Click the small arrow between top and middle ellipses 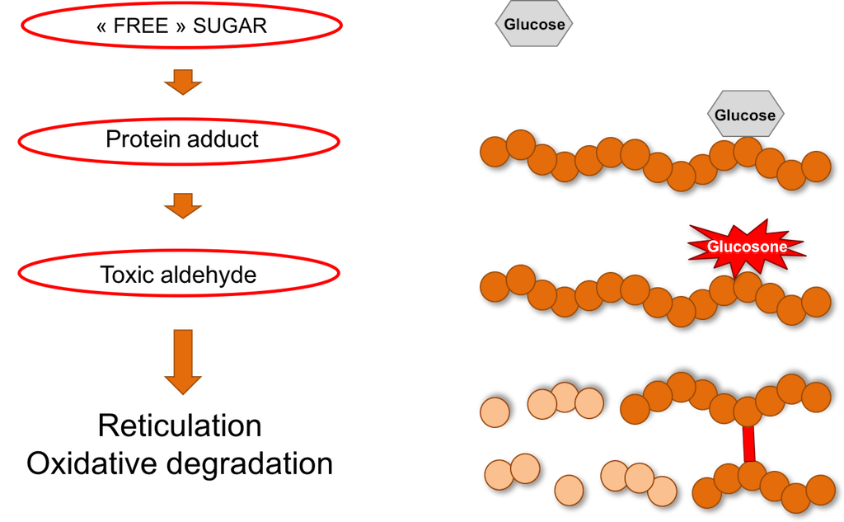(x=182, y=82)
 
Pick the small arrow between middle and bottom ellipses (x=182, y=206)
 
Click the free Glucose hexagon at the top (x=534, y=24)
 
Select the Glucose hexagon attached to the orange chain (x=745, y=115)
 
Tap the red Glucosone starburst (x=746, y=246)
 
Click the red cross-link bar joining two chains (x=749, y=444)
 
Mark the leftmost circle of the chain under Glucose (x=495, y=152)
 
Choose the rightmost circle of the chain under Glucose (x=816, y=166)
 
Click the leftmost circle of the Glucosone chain (x=495, y=287)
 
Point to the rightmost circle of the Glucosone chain (x=816, y=302)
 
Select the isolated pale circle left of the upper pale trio (x=495, y=412)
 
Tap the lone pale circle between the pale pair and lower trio (x=569, y=490)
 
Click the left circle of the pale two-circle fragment (x=499, y=475)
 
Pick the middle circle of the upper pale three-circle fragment (x=565, y=397)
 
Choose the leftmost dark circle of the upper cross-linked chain (x=635, y=409)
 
